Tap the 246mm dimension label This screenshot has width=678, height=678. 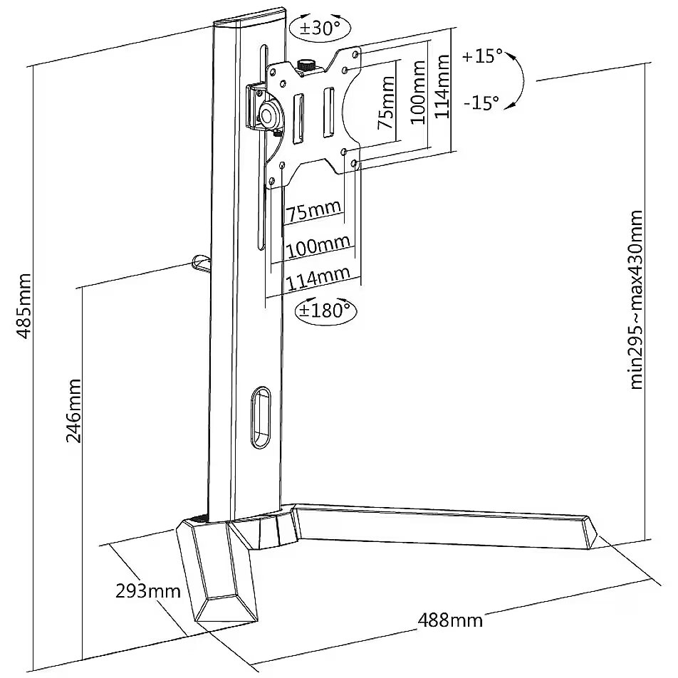tap(73, 411)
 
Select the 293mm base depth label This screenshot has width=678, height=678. tap(148, 590)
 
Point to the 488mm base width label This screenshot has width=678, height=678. tap(449, 620)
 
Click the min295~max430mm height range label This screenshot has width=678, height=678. tap(636, 300)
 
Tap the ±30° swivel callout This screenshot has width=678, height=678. tap(320, 28)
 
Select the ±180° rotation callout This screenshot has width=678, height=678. tap(326, 310)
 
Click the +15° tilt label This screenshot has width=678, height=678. tap(482, 56)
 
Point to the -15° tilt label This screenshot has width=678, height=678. tap(481, 103)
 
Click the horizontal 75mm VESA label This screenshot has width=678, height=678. tap(314, 212)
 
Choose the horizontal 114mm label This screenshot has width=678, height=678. tap(318, 279)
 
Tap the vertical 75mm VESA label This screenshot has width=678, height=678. tap(386, 103)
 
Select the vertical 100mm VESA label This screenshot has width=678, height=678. tap(417, 92)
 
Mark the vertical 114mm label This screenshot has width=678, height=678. tap(442, 86)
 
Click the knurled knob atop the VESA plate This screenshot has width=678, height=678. tap(306, 66)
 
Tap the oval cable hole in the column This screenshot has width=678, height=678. tap(261, 418)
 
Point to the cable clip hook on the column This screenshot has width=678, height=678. tap(199, 264)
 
